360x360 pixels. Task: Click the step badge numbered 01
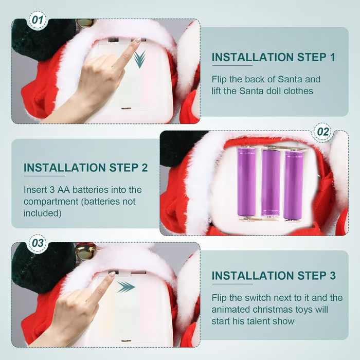click(x=38, y=20)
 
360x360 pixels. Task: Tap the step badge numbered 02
click(x=323, y=132)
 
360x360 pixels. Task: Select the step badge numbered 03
click(x=38, y=243)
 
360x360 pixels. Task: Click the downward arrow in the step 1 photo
click(x=139, y=59)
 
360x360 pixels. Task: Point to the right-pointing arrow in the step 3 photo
click(x=126, y=287)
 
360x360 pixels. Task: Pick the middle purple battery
click(x=271, y=182)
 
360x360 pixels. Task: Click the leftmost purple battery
click(x=247, y=182)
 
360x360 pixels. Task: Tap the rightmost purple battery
click(x=294, y=185)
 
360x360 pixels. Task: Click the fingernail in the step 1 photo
click(x=138, y=40)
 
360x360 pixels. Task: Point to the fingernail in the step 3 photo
click(x=112, y=274)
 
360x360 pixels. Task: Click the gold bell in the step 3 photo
click(x=84, y=251)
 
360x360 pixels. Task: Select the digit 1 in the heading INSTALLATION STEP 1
click(x=332, y=57)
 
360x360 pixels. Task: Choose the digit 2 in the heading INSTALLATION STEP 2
click(x=144, y=168)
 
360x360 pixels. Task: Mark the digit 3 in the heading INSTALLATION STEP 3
click(x=332, y=276)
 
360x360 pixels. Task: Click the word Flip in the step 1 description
click(x=219, y=79)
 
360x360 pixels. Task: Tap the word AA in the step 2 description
click(x=64, y=190)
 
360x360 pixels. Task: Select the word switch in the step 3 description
click(x=258, y=298)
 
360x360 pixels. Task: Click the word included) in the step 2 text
click(x=43, y=213)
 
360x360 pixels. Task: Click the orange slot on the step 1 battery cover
click(x=126, y=109)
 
